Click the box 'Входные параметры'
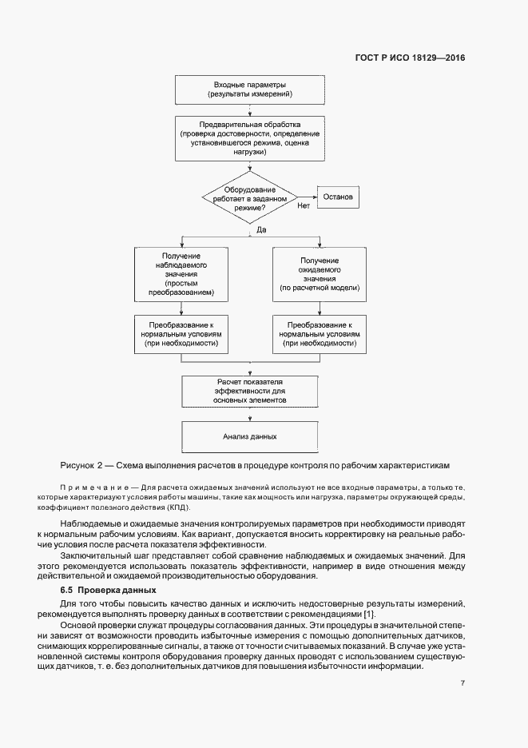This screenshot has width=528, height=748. (250, 90)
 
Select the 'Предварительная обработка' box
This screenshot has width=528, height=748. (250, 137)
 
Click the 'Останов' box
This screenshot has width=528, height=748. (343, 197)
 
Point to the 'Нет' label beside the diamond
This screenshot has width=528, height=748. (304, 206)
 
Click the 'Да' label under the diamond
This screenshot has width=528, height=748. (260, 230)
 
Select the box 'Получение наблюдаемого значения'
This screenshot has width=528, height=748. (183, 276)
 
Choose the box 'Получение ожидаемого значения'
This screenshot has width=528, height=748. (320, 276)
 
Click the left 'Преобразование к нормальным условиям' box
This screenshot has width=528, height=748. (183, 334)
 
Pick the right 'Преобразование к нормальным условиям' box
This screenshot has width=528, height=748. (320, 334)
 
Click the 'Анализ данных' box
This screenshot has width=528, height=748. (250, 437)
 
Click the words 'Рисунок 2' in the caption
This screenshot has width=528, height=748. (81, 464)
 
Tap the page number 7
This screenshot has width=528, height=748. (462, 682)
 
